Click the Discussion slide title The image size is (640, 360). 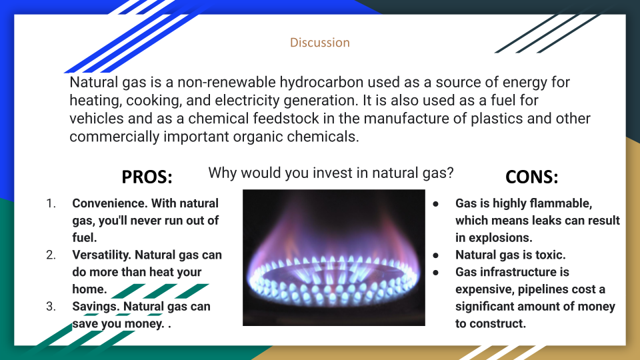[319, 43]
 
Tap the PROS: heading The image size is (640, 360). [147, 177]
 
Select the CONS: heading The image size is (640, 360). [531, 177]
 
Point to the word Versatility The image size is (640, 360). [101, 255]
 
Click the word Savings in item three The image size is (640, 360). [96, 307]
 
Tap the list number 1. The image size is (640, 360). [51, 203]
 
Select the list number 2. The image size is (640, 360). [51, 255]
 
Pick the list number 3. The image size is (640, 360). [51, 307]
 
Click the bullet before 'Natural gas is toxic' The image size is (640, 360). [436, 255]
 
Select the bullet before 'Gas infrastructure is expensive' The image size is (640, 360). [436, 273]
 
